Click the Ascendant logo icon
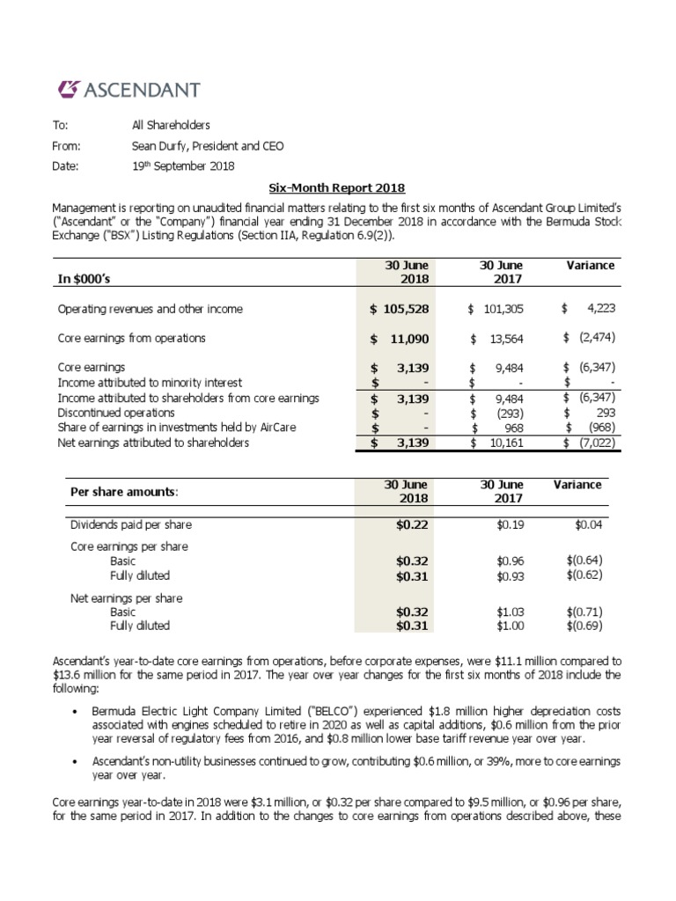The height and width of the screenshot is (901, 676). tap(68, 89)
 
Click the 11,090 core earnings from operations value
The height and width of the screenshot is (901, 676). tap(404, 338)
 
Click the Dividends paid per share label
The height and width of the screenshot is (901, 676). tap(130, 525)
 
